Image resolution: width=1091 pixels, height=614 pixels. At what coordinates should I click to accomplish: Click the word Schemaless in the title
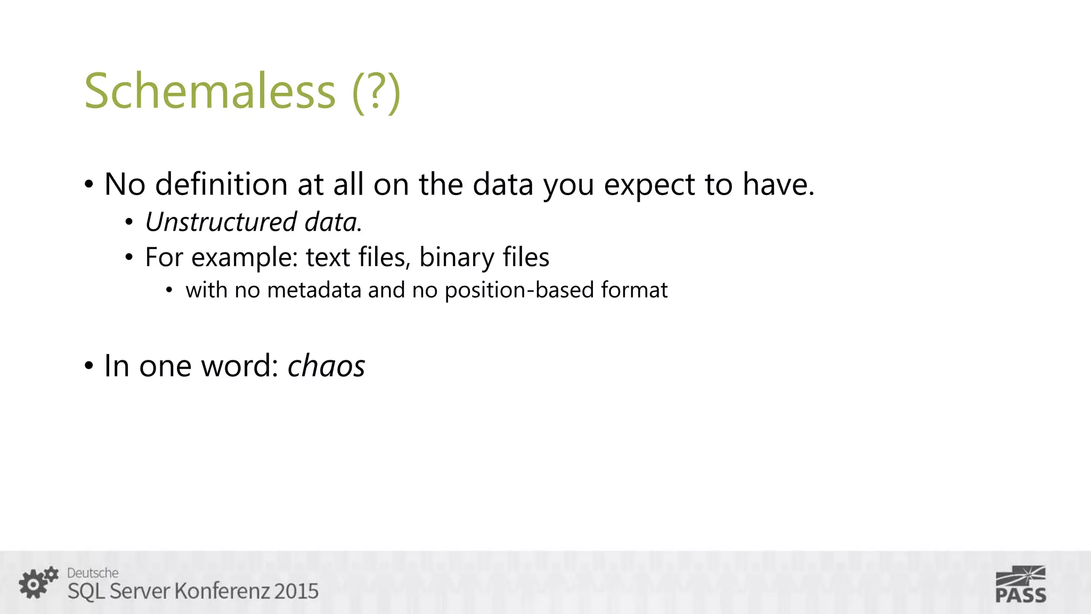tap(210, 91)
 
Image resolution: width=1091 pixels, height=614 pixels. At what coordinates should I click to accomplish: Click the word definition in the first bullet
tap(221, 184)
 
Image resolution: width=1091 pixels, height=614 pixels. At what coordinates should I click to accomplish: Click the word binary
tap(456, 258)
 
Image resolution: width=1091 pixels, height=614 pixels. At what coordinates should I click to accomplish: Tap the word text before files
tap(327, 257)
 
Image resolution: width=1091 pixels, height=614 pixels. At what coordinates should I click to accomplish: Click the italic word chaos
tap(326, 366)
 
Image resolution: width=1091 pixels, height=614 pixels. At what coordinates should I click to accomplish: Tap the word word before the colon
tap(240, 366)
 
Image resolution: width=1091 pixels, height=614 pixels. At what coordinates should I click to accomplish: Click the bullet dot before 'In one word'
tap(89, 367)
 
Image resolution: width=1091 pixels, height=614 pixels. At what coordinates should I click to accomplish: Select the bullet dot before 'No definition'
tap(89, 185)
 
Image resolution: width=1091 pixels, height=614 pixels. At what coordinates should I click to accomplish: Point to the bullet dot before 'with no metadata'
tap(169, 291)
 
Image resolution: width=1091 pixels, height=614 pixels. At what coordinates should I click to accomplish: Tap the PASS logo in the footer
tap(1021, 585)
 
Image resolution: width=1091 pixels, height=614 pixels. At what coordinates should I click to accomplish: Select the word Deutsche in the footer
tap(93, 573)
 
